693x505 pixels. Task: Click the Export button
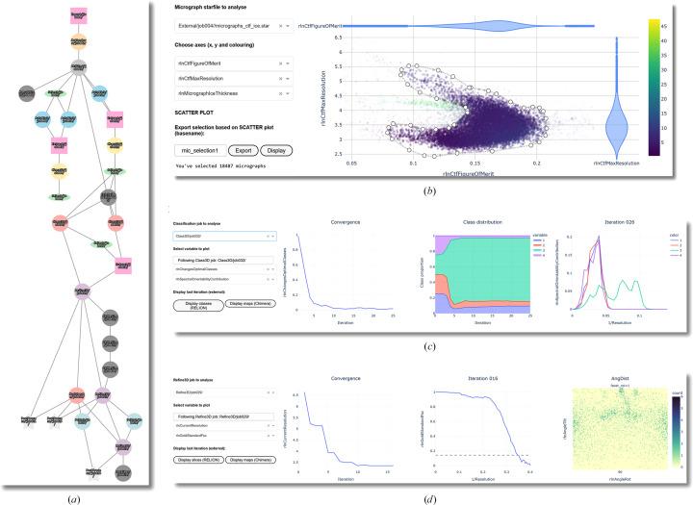click(x=244, y=151)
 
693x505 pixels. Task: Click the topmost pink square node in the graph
click(x=81, y=16)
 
